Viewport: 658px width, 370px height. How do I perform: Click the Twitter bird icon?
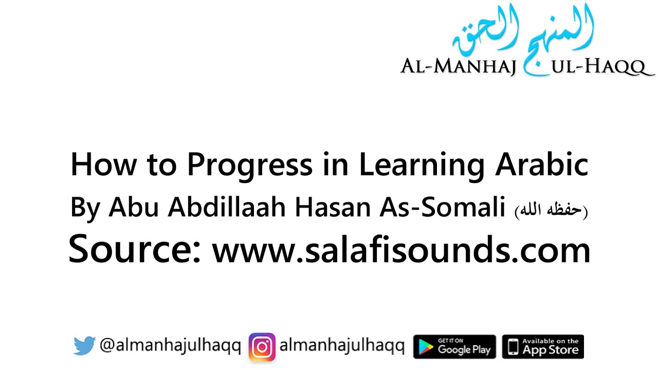point(84,346)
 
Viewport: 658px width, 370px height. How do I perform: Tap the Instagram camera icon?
point(262,347)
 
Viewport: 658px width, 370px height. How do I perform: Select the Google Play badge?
point(454,347)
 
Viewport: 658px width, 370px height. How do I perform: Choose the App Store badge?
point(543,347)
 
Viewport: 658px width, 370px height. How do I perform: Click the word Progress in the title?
point(249,165)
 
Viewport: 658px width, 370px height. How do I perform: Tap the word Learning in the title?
point(422,165)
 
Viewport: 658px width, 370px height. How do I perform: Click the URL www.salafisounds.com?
point(401,250)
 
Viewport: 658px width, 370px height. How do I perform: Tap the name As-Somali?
point(443,207)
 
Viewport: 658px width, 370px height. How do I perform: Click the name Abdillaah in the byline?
point(228,207)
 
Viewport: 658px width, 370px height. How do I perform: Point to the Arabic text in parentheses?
point(551,210)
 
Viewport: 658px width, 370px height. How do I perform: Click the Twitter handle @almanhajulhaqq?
point(170,346)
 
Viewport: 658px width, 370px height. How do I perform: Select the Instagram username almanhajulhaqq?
point(342,346)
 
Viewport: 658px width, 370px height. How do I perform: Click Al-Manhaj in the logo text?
point(458,66)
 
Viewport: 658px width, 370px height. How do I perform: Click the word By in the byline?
point(86,208)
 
